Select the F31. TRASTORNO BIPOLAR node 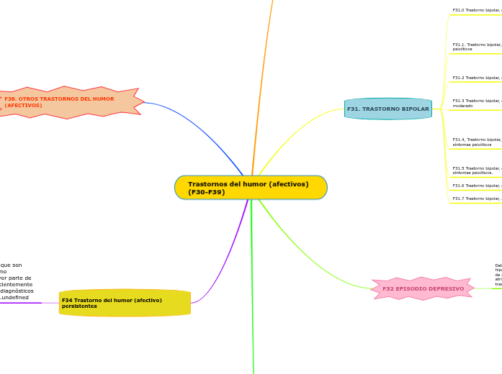(x=388, y=109)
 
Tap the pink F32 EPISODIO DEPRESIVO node (x=423, y=288)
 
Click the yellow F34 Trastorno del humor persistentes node (x=125, y=303)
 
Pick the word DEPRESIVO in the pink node (x=442, y=288)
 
